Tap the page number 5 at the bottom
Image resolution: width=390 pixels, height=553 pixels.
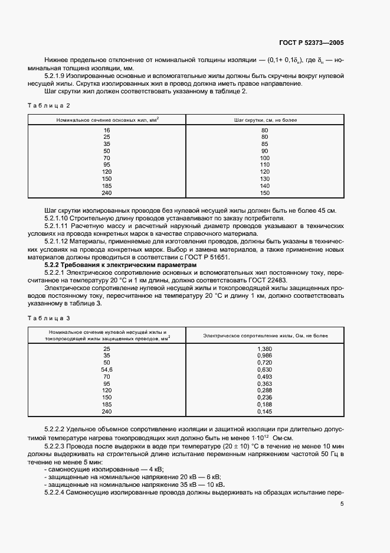[342, 503]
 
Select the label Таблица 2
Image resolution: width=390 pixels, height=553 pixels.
[49, 105]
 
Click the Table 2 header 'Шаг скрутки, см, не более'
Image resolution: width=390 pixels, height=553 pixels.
[266, 120]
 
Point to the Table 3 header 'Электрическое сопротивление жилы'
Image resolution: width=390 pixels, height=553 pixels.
[266, 335]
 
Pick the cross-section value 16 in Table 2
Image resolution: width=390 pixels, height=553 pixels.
[107, 130]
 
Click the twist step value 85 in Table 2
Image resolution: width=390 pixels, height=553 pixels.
[265, 144]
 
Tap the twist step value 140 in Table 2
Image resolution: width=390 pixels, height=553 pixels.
[265, 186]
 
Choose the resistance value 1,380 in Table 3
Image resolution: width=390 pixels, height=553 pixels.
[265, 349]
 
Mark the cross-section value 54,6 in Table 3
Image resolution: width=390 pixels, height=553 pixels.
[107, 369]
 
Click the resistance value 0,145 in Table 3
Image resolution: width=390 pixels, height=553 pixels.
[265, 411]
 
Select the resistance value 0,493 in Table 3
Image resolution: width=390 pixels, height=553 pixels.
[265, 376]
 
